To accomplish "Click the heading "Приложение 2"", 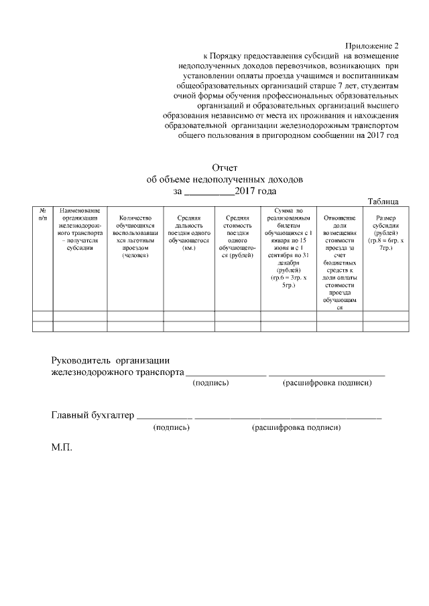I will pos(371,46).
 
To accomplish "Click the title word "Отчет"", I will pos(225,167).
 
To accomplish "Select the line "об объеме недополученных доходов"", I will pos(225,179).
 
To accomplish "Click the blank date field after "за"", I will pos(208,192).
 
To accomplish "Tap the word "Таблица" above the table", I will pos(383,202).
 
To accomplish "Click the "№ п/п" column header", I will pos(43,214).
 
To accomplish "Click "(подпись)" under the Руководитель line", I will pos(210,383).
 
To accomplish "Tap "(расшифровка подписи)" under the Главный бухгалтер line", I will pos(296,427).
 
